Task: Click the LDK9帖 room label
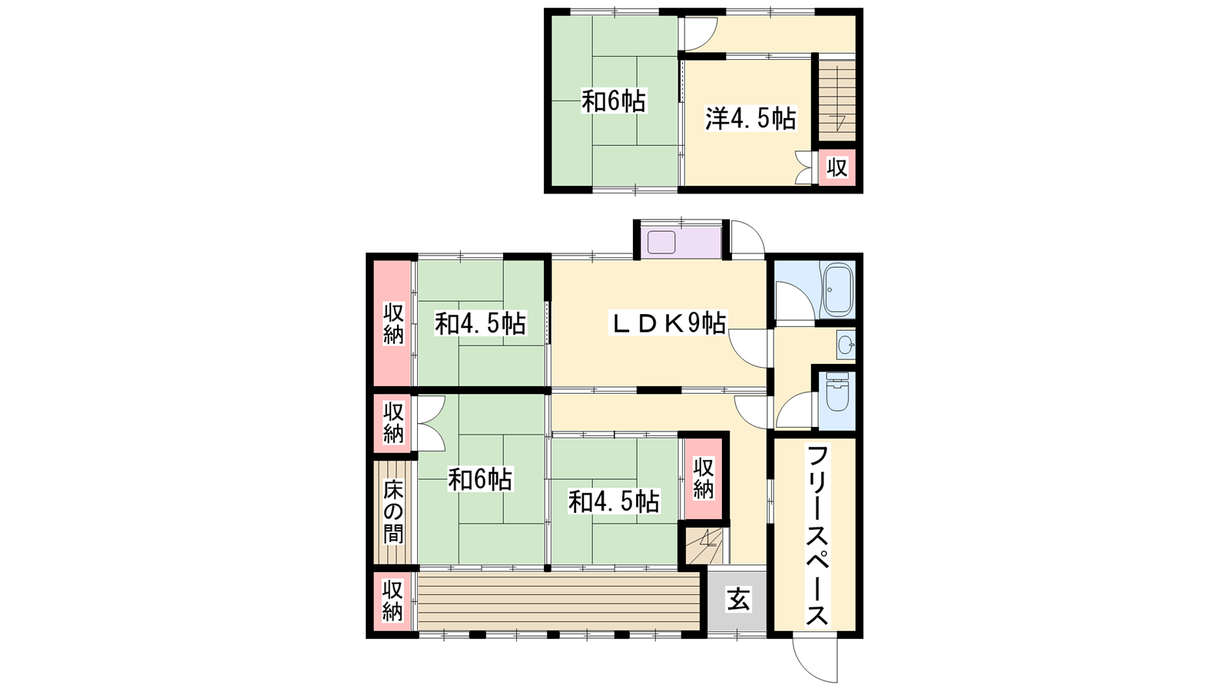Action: tap(669, 323)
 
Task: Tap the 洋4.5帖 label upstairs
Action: tap(750, 118)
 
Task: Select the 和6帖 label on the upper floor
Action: tap(614, 101)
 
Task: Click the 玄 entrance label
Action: tap(738, 600)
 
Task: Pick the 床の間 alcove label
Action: tap(393, 511)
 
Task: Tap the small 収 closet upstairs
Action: tap(837, 167)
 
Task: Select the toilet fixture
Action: tap(836, 392)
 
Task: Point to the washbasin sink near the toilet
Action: tap(846, 345)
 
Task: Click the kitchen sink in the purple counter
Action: tap(661, 243)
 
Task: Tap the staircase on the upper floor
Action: tap(837, 101)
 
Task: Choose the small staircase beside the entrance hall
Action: tap(704, 544)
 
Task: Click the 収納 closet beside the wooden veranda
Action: tap(393, 602)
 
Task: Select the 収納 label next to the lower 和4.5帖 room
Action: tap(703, 478)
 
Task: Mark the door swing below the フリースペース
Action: tap(815, 661)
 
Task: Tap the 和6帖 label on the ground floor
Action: tap(480, 479)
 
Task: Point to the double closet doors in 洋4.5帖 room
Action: tap(803, 167)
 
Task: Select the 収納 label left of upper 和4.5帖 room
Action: tap(393, 323)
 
